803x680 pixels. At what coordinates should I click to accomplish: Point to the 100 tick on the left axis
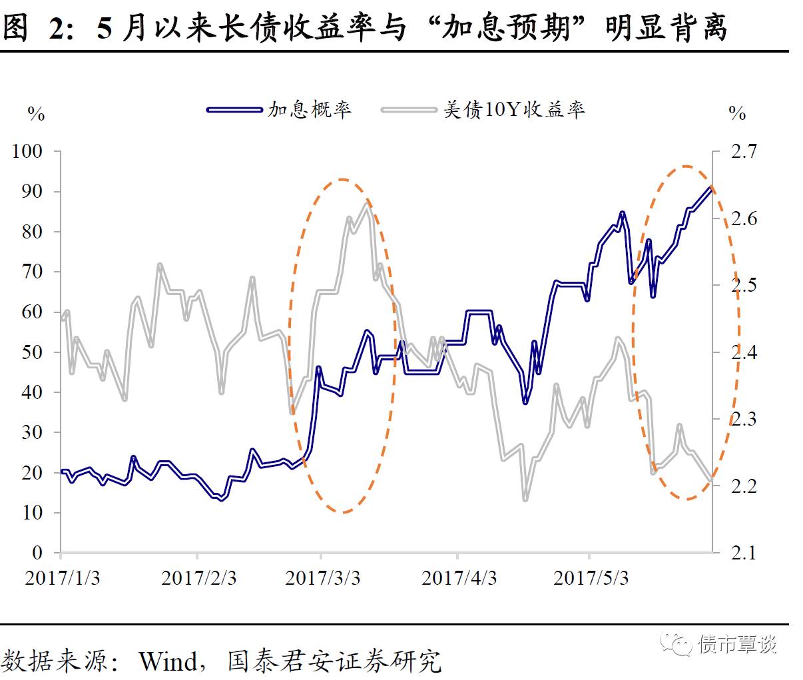(x=27, y=151)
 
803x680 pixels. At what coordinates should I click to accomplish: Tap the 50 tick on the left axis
(x=33, y=352)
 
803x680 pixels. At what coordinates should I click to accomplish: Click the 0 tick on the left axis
(x=37, y=552)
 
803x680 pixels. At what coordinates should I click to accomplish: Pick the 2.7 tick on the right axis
(x=744, y=151)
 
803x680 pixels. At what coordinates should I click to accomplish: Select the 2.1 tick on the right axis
(x=744, y=552)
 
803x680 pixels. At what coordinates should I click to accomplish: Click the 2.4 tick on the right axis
(x=744, y=352)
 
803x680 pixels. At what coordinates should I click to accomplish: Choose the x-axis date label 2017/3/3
(x=322, y=577)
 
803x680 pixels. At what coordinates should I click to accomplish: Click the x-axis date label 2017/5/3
(x=591, y=577)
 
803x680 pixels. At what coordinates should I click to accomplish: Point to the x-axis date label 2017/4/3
(x=459, y=577)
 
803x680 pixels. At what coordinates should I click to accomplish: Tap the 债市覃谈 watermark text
(x=738, y=644)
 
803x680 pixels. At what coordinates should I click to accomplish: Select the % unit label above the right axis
(x=737, y=113)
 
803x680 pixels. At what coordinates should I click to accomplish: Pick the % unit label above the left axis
(x=36, y=113)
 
